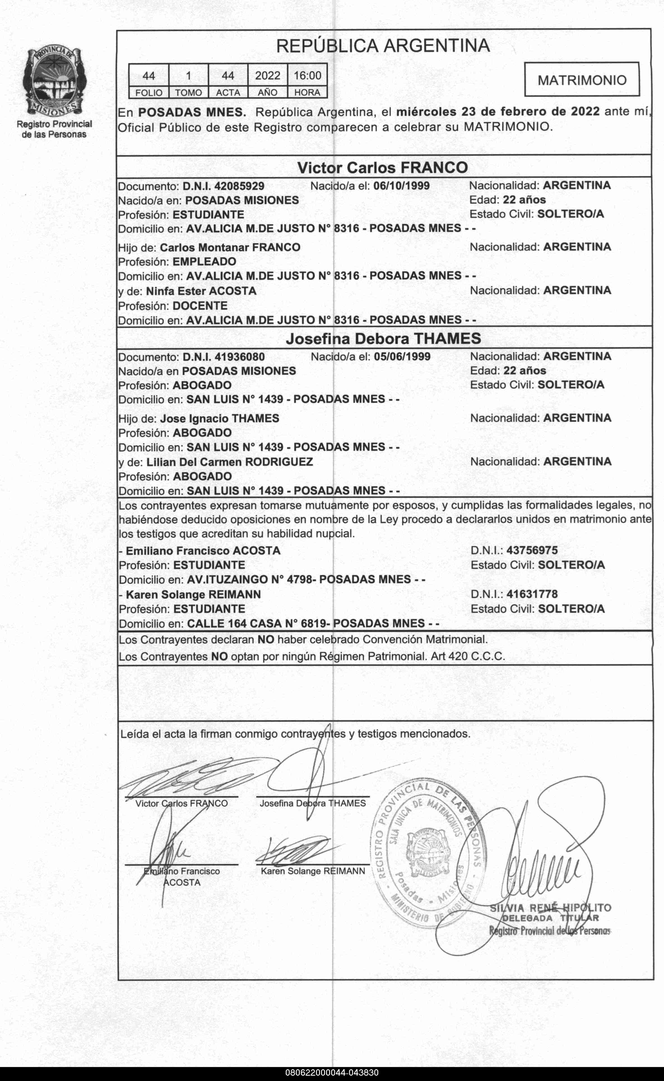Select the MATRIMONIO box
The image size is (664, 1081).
point(582,80)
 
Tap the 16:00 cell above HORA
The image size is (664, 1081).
point(307,76)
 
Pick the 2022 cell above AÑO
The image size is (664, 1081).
point(268,76)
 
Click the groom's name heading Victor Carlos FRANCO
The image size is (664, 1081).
point(382,167)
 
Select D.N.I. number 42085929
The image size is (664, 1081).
point(239,186)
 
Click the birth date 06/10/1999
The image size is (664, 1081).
point(401,186)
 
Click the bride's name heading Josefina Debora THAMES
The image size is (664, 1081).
point(383,338)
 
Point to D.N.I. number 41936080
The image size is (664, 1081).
point(239,357)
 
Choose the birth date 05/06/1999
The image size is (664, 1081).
point(402,357)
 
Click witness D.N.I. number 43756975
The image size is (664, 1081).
point(532,550)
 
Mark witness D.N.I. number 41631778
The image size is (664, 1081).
point(532,594)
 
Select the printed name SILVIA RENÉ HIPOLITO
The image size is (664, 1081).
point(550,908)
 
